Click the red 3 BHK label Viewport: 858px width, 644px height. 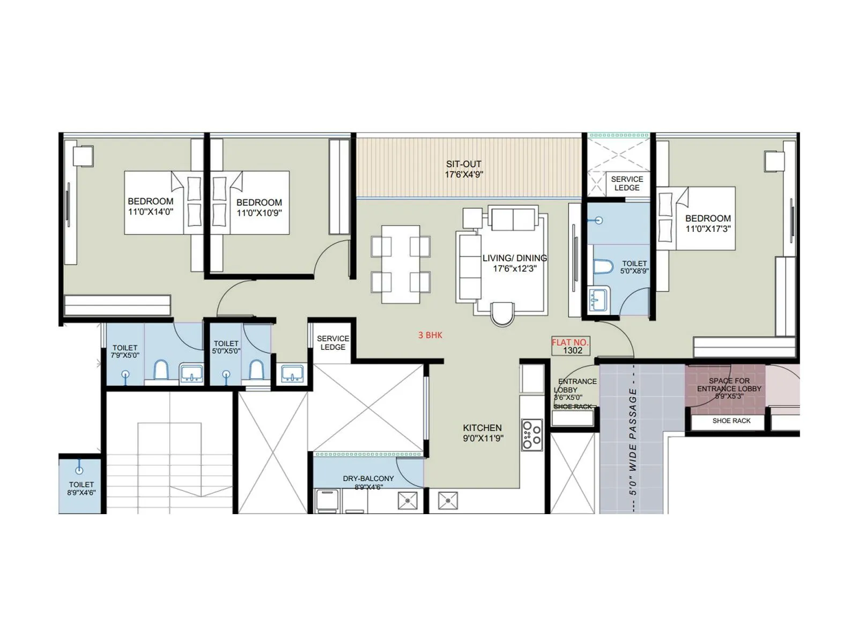[430, 335]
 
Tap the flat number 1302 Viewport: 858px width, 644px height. [572, 350]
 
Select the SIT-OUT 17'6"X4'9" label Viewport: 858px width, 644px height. [463, 169]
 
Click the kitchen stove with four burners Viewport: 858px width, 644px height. [532, 435]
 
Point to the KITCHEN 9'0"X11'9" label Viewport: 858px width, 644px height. [482, 433]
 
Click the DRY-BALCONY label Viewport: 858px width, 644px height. [368, 482]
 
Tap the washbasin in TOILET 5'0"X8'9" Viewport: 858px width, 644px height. [598, 299]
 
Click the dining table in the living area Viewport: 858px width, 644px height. [401, 264]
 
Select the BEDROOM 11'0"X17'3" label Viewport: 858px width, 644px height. [708, 223]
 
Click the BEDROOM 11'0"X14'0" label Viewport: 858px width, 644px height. [150, 206]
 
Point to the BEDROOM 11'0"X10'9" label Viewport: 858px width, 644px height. [259, 207]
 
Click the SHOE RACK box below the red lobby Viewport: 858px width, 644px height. [731, 421]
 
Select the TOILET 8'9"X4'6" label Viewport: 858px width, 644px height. [81, 488]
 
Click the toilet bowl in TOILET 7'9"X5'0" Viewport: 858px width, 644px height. [161, 370]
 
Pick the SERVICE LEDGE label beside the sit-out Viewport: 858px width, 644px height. [626, 183]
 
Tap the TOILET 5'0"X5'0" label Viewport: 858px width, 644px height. [226, 347]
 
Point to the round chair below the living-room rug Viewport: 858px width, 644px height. [503, 313]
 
